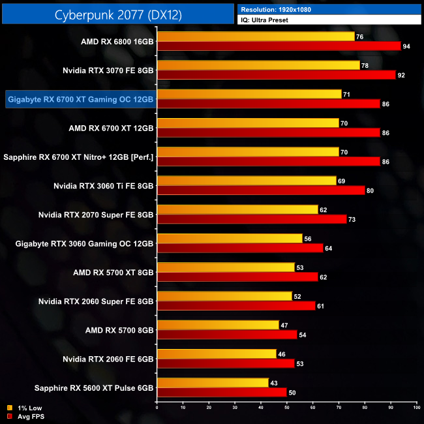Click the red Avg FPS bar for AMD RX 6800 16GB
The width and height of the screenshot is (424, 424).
[x=279, y=46]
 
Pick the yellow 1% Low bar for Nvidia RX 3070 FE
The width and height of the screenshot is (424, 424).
[x=258, y=65]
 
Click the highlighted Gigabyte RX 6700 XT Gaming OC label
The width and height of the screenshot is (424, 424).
[x=80, y=99]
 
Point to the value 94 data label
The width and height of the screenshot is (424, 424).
[x=407, y=46]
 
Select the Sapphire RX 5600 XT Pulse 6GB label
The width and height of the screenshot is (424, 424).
[x=78, y=387]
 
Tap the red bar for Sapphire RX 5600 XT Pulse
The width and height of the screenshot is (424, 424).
[x=222, y=393]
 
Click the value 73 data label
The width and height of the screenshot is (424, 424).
[x=352, y=219]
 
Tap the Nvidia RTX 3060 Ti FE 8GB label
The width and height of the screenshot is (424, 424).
[x=104, y=186]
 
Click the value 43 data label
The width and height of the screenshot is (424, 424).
[x=274, y=382]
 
